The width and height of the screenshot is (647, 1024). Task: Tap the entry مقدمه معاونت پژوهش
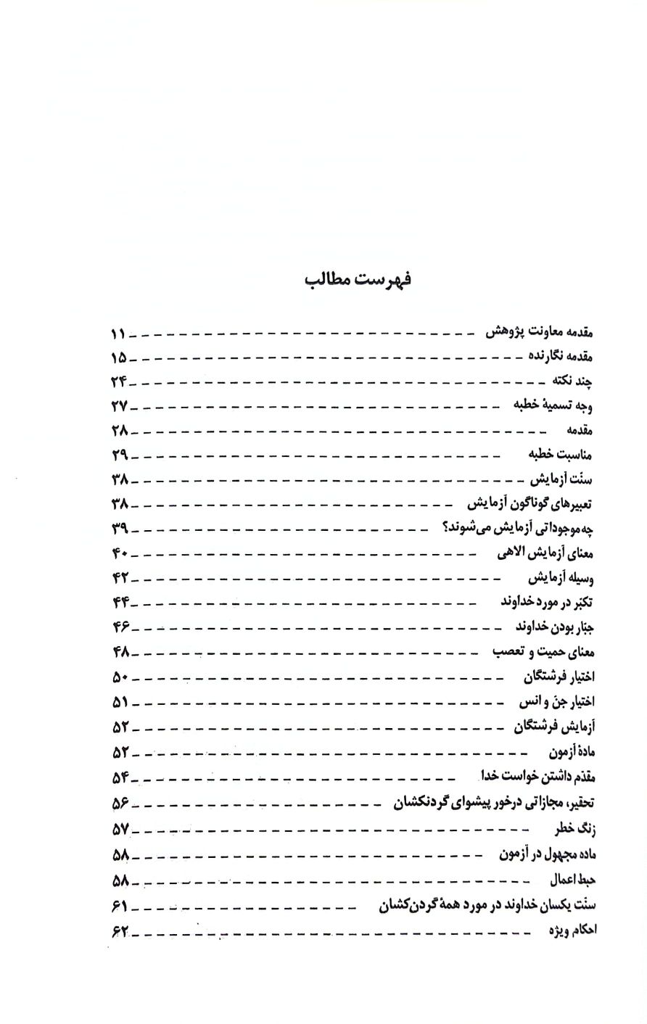[540, 333]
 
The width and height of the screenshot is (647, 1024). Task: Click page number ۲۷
[120, 405]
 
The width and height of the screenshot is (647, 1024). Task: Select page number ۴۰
[120, 553]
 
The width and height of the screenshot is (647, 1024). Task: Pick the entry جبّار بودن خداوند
[546, 627]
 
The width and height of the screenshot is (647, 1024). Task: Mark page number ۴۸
[120, 652]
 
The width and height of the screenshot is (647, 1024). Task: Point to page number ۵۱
[120, 702]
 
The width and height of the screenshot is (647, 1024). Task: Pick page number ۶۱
[120, 906]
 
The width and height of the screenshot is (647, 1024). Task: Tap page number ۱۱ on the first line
[118, 334]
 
